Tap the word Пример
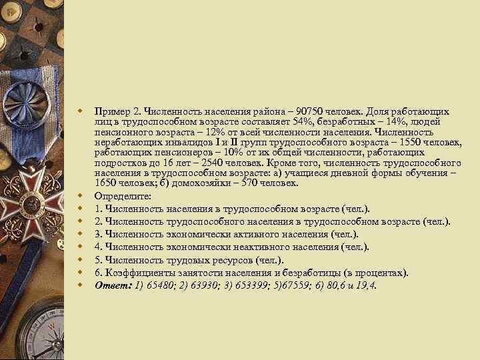(x=110, y=111)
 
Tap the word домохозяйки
(x=201, y=183)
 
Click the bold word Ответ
(x=109, y=285)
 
